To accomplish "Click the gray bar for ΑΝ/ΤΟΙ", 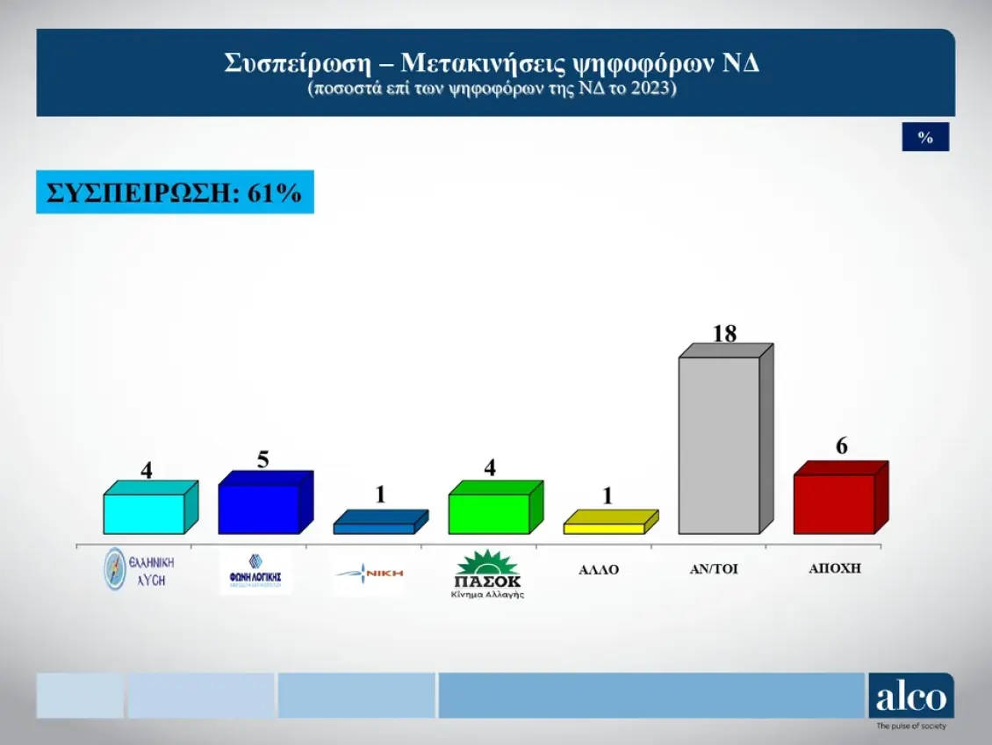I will point(720,444).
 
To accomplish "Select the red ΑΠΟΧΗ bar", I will point(834,503).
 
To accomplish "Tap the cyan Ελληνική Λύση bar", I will point(144,513).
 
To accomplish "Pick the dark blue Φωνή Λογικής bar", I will point(258,509).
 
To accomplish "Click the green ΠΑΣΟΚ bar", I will point(489,513).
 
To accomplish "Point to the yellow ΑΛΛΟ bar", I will point(604,528).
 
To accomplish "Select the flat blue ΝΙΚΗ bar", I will point(374,528).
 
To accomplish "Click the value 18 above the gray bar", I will point(725,334).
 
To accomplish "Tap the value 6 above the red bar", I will point(841,446).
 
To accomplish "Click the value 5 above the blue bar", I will point(262,459).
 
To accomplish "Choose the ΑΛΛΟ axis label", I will point(599,569).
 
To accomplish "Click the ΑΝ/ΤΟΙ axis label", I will point(714,569).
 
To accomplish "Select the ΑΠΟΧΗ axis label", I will point(835,568).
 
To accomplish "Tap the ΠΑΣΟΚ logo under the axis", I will point(488,574).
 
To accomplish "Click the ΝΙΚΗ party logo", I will point(370,573).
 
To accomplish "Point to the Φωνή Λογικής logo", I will point(255,572).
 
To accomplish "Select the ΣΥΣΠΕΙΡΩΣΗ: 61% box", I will point(175,192).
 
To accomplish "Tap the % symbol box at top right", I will point(925,137).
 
